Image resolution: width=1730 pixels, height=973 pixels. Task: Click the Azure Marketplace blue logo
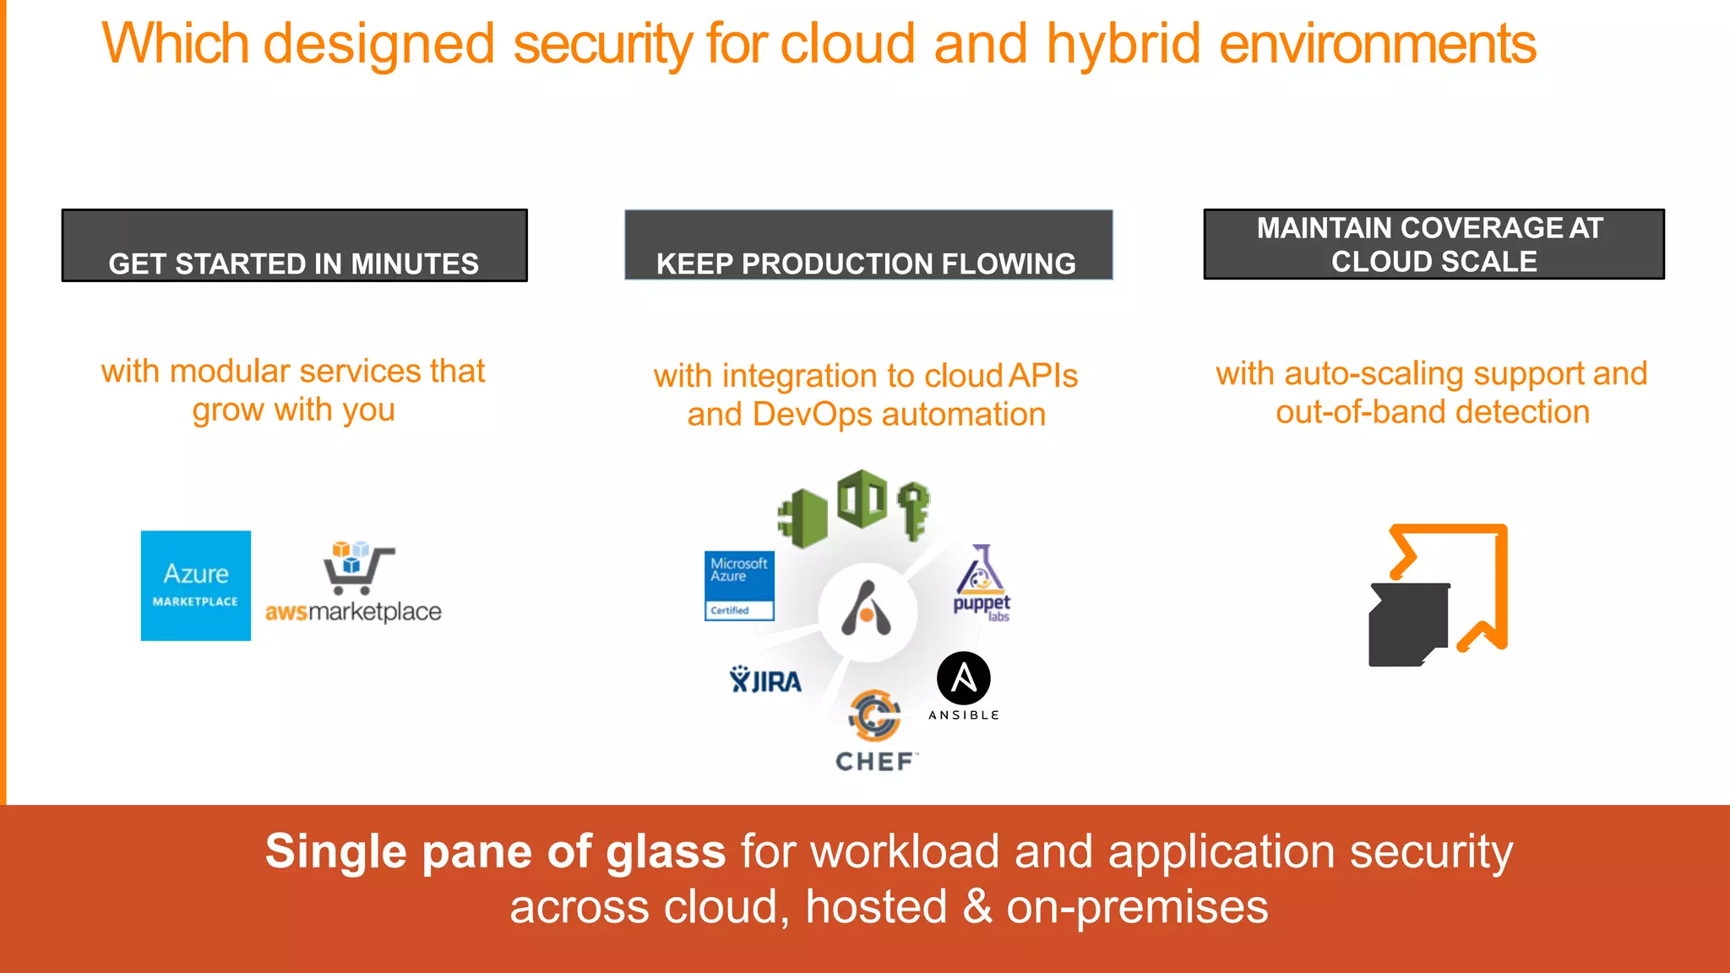[x=195, y=585]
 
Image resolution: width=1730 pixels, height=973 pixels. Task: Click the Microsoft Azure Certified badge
[x=739, y=585]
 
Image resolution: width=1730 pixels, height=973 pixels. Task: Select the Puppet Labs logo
[x=982, y=583]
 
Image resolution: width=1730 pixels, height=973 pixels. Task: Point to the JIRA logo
[x=765, y=680]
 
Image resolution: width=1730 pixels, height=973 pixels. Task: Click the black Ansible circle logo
[x=963, y=678]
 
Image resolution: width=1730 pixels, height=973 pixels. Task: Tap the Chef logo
[x=875, y=731]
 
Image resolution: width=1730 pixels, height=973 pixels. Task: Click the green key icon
[x=913, y=509]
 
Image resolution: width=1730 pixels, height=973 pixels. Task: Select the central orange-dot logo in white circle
[x=867, y=611]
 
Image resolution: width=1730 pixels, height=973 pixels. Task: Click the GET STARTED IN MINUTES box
[x=294, y=246]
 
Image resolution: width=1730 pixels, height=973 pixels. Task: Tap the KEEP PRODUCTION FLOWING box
[x=868, y=246]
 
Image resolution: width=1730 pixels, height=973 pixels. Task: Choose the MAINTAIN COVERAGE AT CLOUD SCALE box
[x=1433, y=244]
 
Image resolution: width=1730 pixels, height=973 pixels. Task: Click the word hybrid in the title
[x=1123, y=44]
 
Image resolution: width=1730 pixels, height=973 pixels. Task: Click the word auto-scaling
[x=1374, y=373]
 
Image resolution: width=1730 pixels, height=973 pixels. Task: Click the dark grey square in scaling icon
[x=1407, y=624]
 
